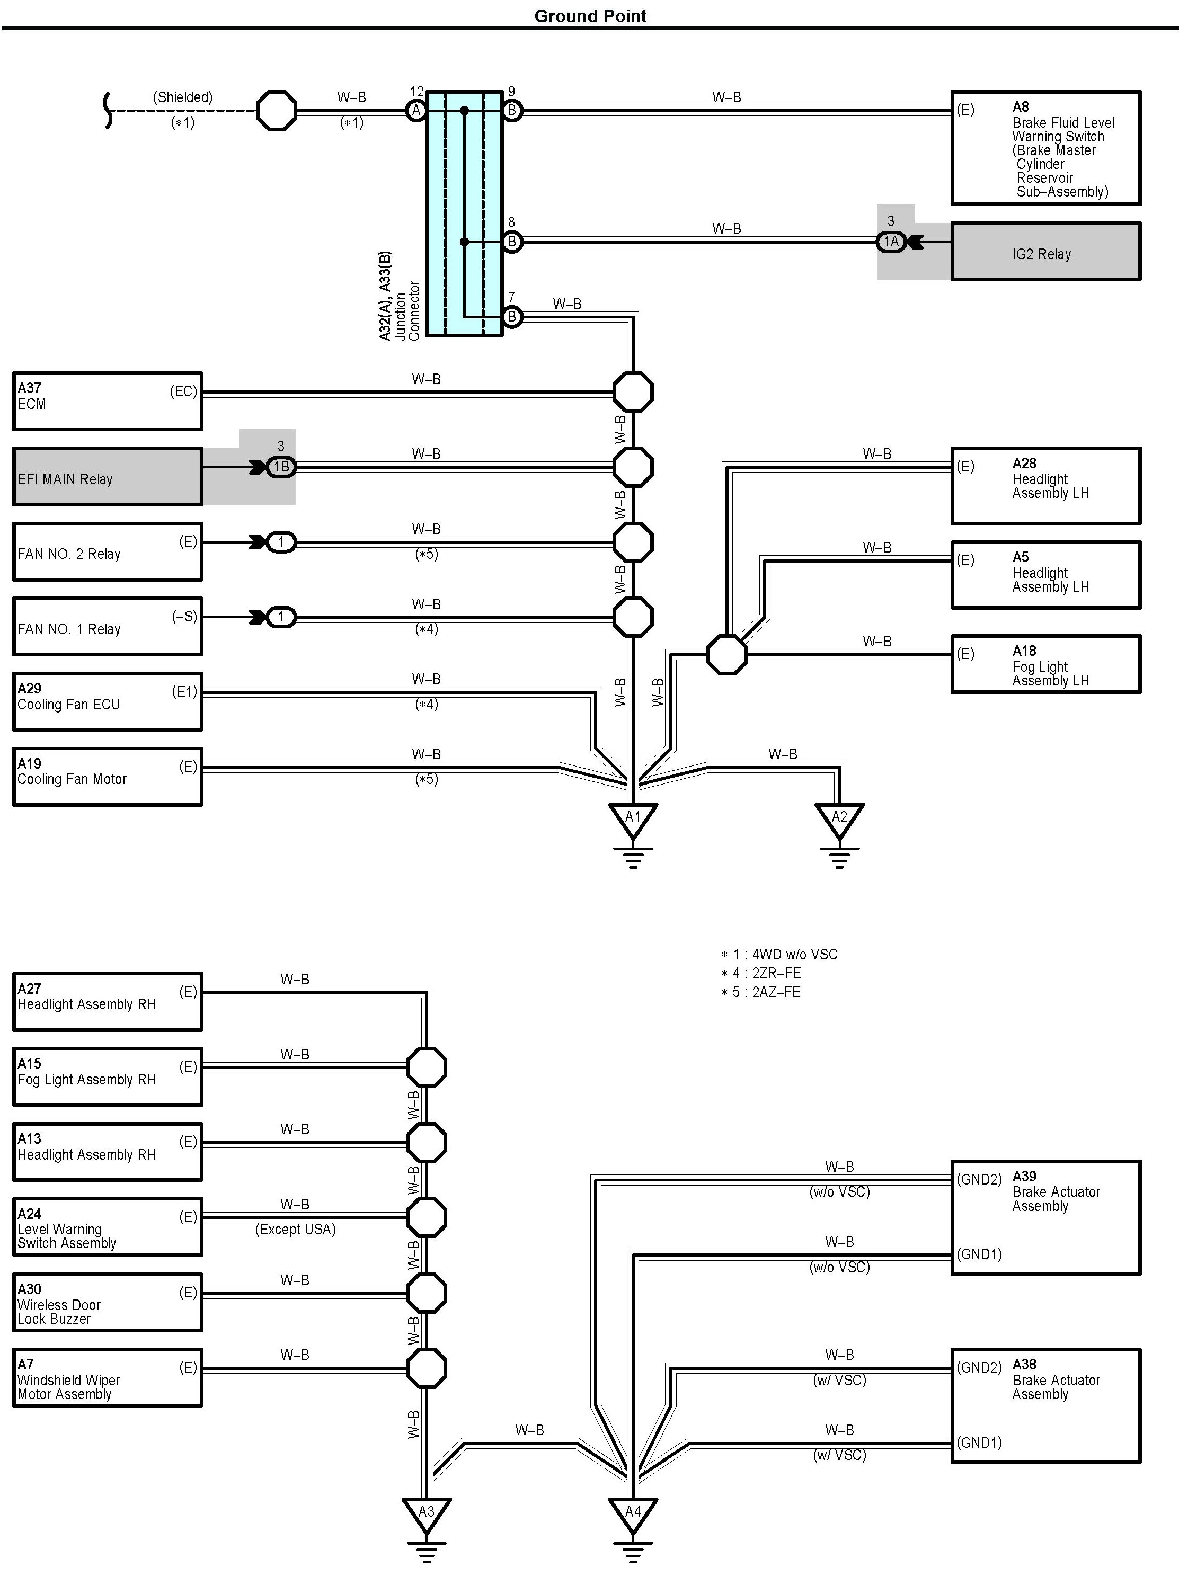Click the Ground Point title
click(590, 16)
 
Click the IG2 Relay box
click(1045, 252)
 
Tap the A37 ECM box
click(107, 401)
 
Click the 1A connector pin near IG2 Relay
click(891, 242)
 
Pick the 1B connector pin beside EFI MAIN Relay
click(281, 467)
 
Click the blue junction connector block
click(464, 213)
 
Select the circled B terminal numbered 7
click(511, 317)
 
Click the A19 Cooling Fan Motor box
click(107, 777)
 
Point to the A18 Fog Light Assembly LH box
click(1045, 664)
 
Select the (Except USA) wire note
click(295, 1229)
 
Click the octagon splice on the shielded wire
click(276, 110)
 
